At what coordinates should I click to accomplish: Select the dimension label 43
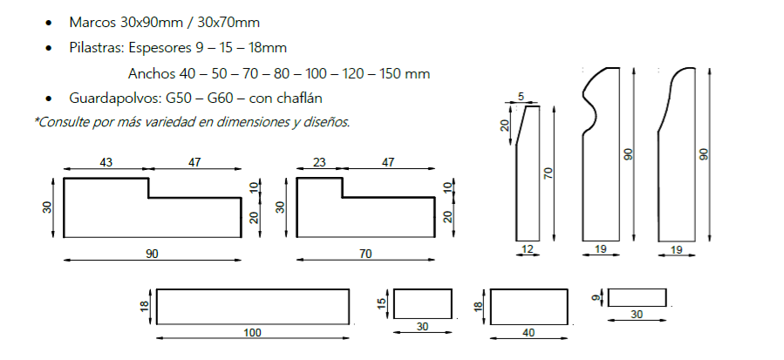106,162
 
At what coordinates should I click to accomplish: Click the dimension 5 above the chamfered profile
521,97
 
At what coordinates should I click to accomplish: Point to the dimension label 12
526,250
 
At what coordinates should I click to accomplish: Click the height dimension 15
381,304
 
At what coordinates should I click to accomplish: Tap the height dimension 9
596,298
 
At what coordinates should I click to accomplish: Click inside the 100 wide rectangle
252,304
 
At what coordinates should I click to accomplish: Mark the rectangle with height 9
637,298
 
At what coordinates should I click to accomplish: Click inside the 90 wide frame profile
131,214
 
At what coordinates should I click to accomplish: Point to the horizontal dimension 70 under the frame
365,254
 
